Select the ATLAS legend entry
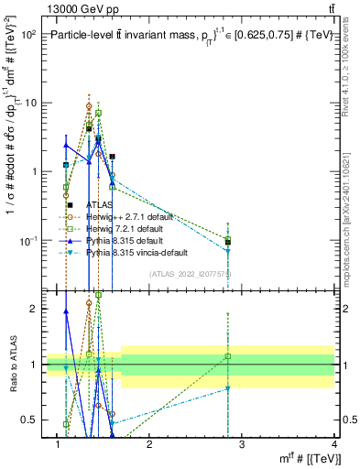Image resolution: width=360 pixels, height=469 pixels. pyautogui.click(x=100, y=205)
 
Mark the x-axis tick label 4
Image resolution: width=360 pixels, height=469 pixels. pyautogui.click(x=335, y=444)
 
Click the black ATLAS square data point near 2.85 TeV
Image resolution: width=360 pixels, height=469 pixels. pyautogui.click(x=227, y=243)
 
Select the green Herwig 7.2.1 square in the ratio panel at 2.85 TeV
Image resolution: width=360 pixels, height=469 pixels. pyautogui.click(x=227, y=355)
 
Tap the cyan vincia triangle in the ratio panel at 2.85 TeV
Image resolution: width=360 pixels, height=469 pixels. pyautogui.click(x=227, y=388)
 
